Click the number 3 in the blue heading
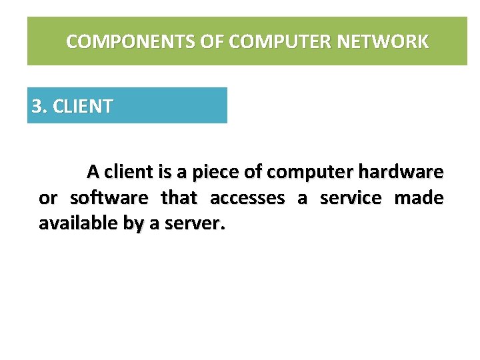click(x=37, y=106)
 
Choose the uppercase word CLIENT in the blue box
click(x=82, y=106)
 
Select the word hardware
click(x=401, y=172)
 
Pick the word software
click(x=109, y=198)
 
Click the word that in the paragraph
click(x=179, y=198)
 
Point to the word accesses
click(x=247, y=198)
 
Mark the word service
click(x=351, y=198)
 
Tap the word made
click(x=419, y=198)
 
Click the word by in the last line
click(x=133, y=225)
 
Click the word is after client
click(x=165, y=172)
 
